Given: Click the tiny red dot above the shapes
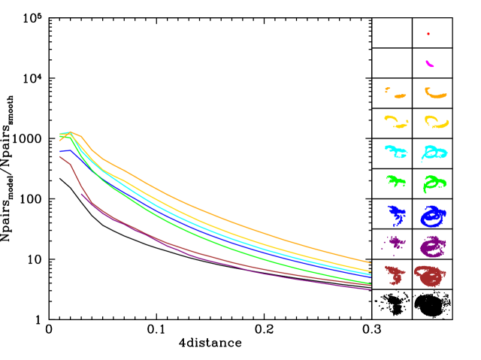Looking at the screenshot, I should (428, 34).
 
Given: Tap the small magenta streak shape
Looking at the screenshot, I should (430, 64).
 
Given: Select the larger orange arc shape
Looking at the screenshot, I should (436, 95).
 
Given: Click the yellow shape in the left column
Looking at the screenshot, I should (394, 120).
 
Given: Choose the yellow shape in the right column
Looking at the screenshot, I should (437, 123).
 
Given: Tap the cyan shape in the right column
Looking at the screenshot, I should (434, 153).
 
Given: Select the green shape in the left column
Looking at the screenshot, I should (397, 181).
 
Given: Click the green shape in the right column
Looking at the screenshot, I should (434, 183).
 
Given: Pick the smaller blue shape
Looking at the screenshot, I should (395, 216).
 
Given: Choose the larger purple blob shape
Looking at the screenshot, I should (433, 247).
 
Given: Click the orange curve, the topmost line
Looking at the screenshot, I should (225, 218).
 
